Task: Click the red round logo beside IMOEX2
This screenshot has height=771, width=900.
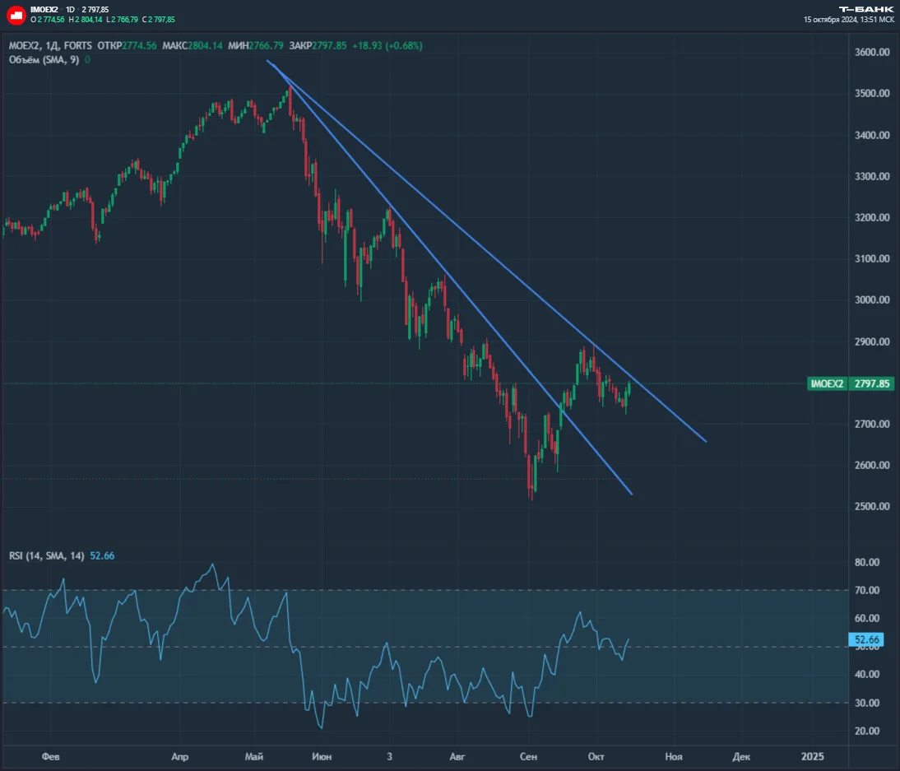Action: (16, 15)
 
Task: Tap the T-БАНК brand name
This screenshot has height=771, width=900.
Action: (866, 9)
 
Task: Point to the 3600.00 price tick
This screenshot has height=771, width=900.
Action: (872, 52)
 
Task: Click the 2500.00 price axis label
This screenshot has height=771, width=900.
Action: (872, 506)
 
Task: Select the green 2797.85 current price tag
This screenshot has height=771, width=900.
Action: (871, 383)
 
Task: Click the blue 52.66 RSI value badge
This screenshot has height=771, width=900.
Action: (866, 639)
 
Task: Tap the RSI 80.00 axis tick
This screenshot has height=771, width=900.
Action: (867, 562)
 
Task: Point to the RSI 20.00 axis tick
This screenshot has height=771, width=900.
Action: (867, 731)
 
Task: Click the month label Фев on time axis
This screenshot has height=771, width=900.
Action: (50, 757)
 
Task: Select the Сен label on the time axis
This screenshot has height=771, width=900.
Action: (528, 757)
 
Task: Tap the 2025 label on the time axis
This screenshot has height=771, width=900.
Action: (812, 757)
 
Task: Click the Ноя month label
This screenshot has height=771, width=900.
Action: (674, 757)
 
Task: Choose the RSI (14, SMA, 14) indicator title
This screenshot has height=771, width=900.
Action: (47, 555)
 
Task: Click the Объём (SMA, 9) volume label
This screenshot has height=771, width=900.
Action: (44, 60)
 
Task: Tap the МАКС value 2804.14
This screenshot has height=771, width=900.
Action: (205, 46)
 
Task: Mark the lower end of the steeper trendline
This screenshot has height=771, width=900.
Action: (632, 494)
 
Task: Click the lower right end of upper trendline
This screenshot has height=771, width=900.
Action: (706, 442)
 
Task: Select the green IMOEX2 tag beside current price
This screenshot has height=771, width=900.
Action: (827, 383)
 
